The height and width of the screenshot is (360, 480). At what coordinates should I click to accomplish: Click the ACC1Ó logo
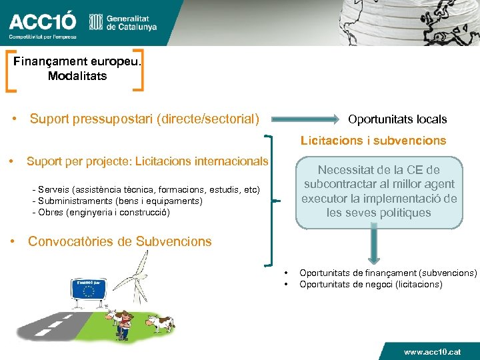point(42,23)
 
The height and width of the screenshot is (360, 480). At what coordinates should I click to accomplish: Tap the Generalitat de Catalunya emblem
point(96,23)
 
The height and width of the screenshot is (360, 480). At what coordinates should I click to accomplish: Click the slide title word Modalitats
point(77,76)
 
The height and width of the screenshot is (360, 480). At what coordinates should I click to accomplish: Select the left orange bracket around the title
point(11,69)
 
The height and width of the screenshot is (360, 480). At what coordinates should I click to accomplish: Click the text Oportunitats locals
point(397,119)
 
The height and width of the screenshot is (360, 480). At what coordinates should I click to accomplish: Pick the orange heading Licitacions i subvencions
point(373,141)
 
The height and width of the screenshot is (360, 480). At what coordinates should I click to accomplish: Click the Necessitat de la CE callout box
point(379,191)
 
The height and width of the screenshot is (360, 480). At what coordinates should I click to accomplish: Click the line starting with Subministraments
point(107,201)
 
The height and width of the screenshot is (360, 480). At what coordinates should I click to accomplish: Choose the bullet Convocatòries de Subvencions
point(119,241)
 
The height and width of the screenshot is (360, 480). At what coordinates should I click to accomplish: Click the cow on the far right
point(160,323)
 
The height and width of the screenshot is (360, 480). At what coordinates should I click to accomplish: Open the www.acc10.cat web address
point(431,351)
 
